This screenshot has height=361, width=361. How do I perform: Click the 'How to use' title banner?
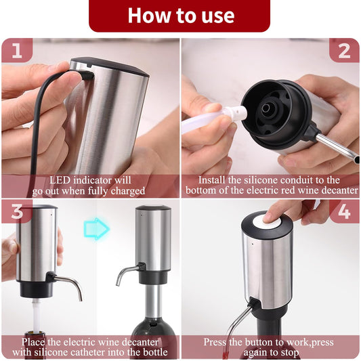(180, 15)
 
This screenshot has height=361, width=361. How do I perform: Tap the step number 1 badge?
(21, 50)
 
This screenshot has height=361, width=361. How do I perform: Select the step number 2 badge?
(343, 50)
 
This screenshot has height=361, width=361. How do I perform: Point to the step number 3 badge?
(17, 211)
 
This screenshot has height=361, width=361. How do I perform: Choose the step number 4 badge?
(343, 211)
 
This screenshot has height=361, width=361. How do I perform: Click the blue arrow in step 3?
(98, 228)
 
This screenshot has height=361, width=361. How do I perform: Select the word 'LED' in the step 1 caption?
(62, 181)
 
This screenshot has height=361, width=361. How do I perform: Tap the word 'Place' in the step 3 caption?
(33, 341)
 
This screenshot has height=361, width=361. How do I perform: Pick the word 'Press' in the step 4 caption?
(217, 341)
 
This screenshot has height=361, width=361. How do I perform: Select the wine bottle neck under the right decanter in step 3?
(154, 308)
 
